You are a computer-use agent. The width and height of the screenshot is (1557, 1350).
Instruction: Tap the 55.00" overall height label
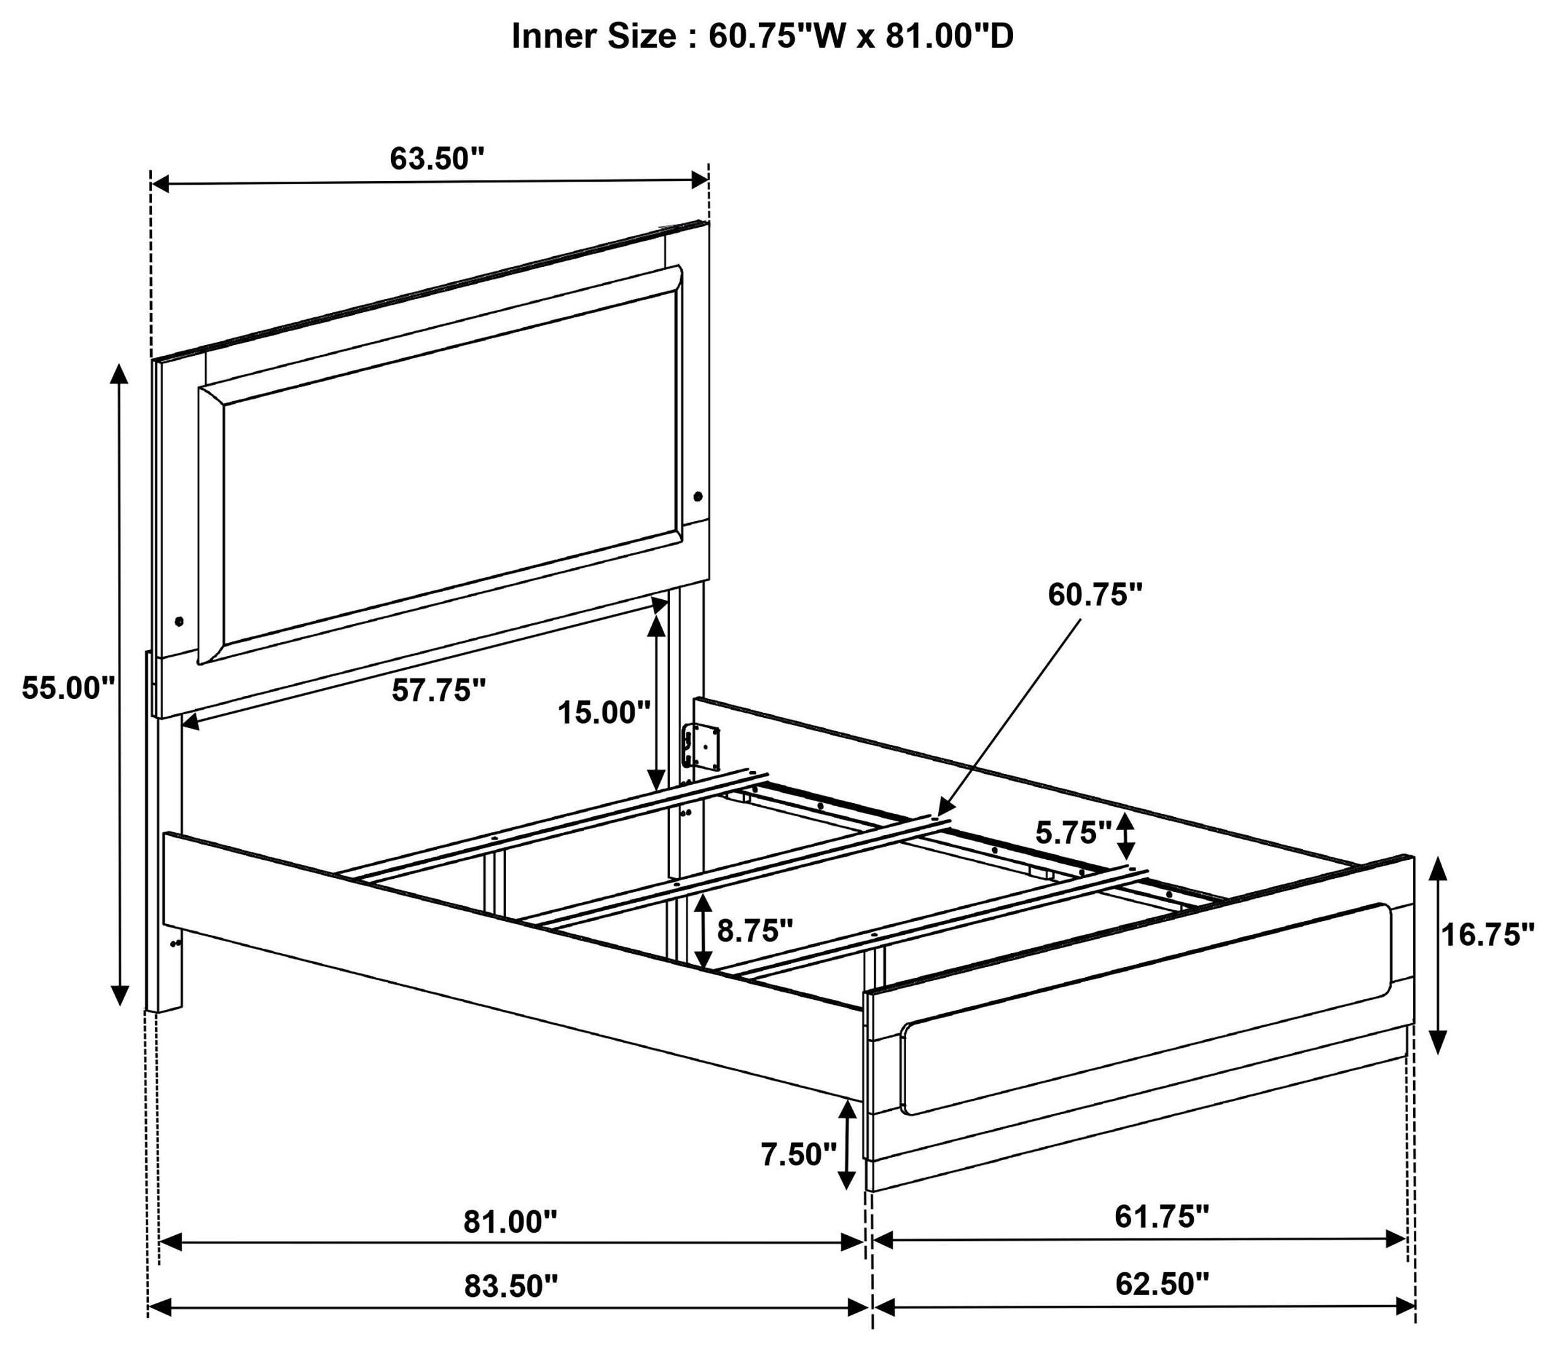coord(68,688)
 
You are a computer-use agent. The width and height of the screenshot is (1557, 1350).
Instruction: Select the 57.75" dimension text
coord(438,690)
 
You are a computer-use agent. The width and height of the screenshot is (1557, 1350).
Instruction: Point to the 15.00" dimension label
coord(603,712)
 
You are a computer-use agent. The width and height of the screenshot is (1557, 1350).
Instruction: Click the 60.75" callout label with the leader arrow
coord(1095,594)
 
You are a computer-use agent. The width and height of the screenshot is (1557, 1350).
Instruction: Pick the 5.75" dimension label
coord(1073,833)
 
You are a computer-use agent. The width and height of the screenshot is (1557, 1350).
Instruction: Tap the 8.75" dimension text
coord(755,931)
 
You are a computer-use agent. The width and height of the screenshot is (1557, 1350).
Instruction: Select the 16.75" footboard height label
coord(1487,935)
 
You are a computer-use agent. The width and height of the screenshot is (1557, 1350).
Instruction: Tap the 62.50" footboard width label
coord(1161,1284)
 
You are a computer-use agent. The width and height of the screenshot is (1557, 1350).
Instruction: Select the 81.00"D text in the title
coord(949,36)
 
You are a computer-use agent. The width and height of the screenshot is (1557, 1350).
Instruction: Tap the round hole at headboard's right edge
coord(698,496)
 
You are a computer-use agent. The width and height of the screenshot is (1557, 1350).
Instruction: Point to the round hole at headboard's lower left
coord(179,621)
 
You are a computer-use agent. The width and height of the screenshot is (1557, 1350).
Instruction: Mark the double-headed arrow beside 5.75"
coord(1126,835)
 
